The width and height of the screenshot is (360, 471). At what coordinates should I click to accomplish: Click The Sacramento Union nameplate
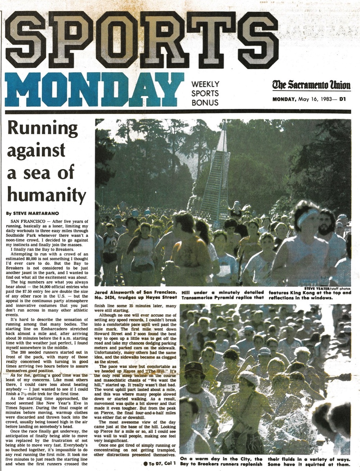[311, 85]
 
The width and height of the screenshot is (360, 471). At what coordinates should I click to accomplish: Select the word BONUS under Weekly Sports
[205, 102]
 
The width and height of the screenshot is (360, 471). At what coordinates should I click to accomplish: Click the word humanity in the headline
[47, 195]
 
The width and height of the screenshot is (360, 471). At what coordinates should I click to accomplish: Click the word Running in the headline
[43, 128]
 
